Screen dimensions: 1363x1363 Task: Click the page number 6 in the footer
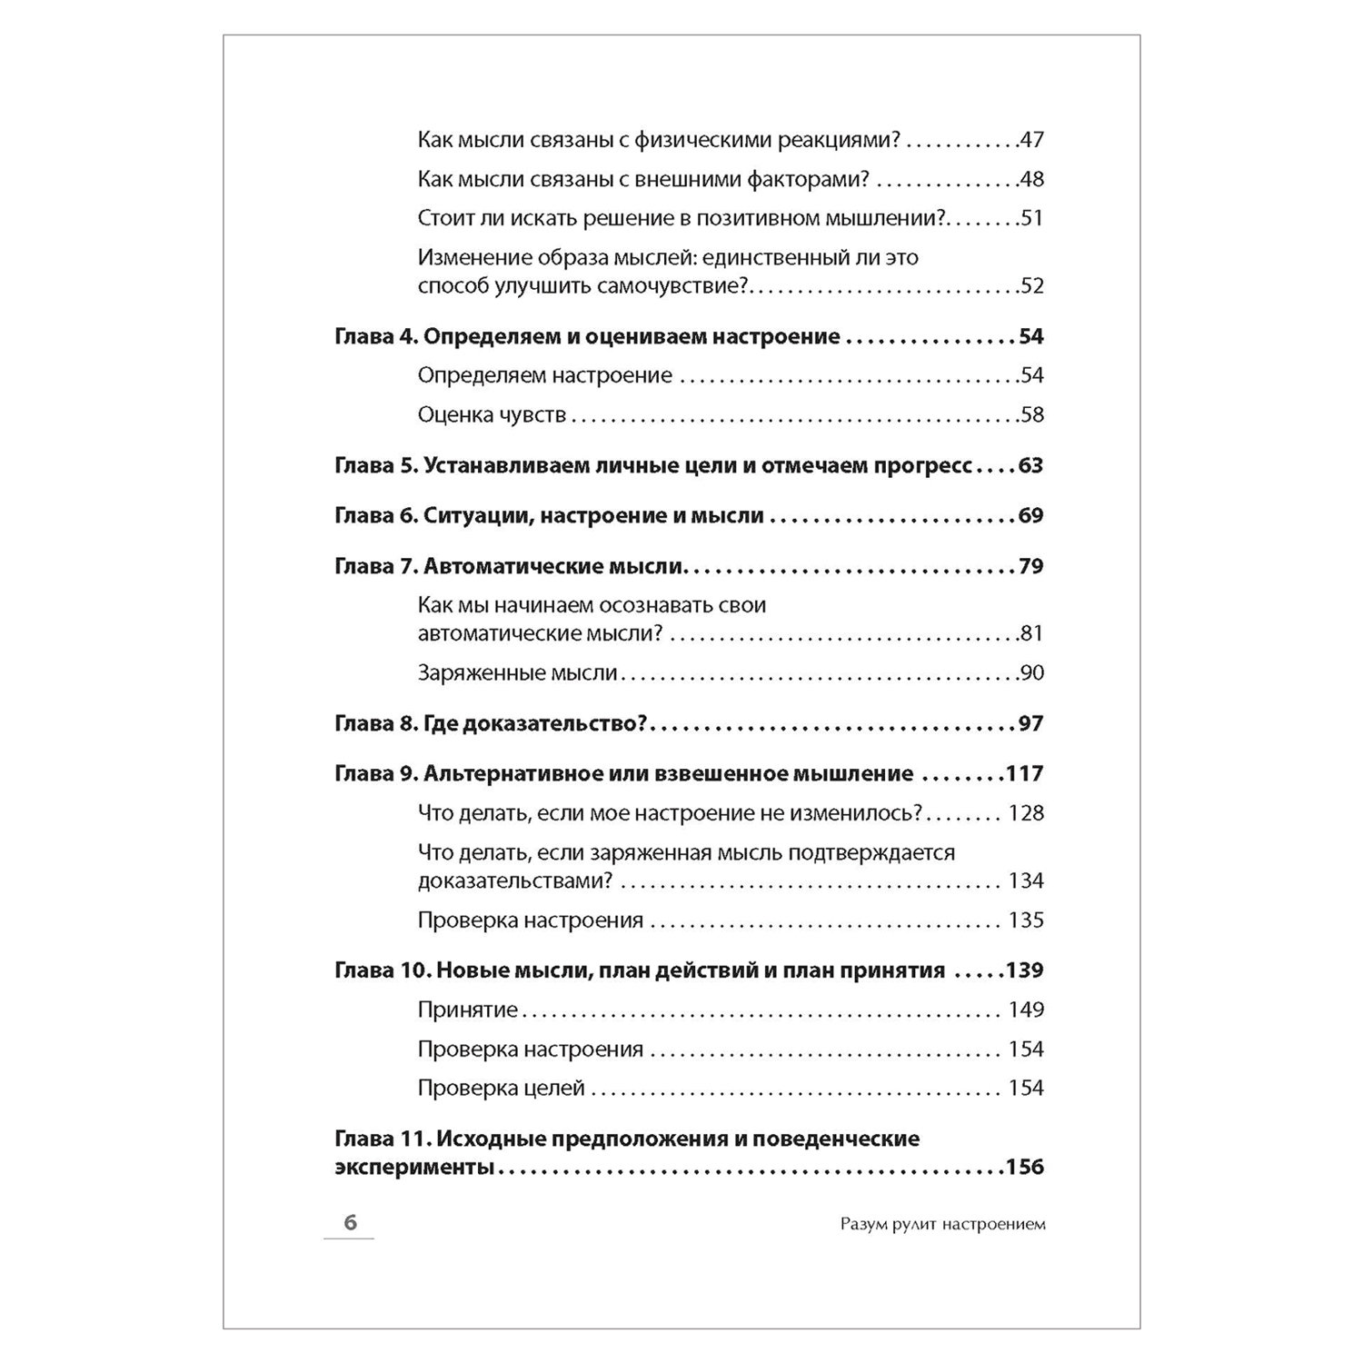351,1223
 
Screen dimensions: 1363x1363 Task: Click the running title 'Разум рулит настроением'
943,1224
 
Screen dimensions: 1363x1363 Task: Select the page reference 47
1031,140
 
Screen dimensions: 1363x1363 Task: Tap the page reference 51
1031,218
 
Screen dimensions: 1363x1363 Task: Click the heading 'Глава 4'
373,336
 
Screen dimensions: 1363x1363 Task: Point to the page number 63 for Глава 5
1030,465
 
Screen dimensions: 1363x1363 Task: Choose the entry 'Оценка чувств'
492,415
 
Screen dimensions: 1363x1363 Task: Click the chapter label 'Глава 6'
373,516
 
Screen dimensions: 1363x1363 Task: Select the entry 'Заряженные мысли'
517,673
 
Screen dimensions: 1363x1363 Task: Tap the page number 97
1030,723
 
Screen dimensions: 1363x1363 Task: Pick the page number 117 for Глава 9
1025,774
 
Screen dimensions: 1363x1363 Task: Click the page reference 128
1026,813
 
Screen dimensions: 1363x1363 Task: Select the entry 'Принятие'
467,1010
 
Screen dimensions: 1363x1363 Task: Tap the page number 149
1026,1010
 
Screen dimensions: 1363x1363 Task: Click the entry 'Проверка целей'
501,1089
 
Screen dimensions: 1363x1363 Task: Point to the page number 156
1024,1168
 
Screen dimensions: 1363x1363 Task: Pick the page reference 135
1026,920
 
